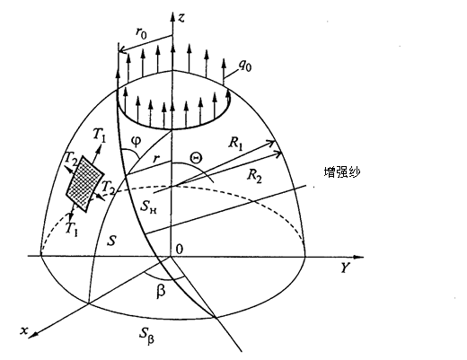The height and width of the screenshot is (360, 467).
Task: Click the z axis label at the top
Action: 181,18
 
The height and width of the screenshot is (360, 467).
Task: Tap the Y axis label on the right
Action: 345,268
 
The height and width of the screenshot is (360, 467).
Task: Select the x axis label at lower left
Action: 24,330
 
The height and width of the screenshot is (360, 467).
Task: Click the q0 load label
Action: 245,66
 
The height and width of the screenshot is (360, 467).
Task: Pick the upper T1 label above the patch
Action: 99,135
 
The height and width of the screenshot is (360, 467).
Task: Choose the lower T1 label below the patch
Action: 71,230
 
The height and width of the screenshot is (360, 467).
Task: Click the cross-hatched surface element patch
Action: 85,184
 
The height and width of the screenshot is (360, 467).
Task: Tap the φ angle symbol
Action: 136,141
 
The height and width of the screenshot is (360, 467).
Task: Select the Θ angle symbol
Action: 197,158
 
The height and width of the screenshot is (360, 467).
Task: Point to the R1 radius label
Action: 236,144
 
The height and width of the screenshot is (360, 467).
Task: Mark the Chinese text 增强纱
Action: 342,172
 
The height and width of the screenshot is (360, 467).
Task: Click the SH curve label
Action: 148,206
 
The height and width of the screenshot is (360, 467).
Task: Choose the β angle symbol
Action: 161,291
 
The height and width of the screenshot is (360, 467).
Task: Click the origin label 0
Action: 179,249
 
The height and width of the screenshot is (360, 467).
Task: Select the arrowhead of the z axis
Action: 172,17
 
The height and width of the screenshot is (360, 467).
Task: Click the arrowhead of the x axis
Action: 33,335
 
